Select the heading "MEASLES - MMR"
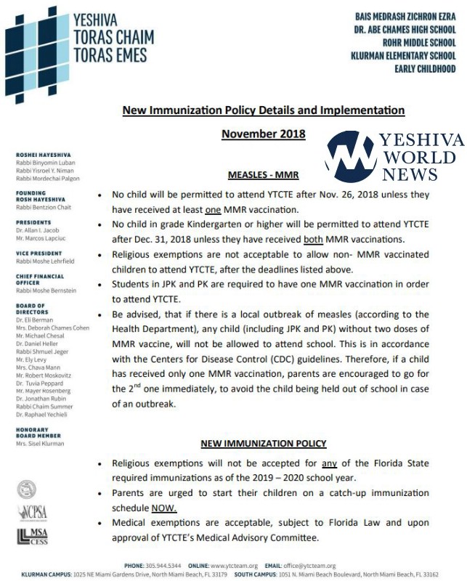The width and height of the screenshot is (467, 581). pos(263,175)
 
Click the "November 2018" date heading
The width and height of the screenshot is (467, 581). pos(263,134)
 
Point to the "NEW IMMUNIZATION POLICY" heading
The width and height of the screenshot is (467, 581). pos(263,443)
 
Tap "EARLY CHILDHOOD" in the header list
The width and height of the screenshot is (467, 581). pos(425,69)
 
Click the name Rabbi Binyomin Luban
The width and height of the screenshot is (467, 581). pos(47,163)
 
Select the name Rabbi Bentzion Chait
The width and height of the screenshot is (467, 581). pos(44,207)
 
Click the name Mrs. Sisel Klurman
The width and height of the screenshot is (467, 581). pos(39,443)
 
